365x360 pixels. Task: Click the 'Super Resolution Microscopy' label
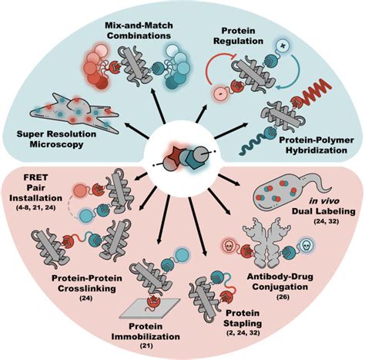coord(56,140)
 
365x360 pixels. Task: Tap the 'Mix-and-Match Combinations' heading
coord(139,30)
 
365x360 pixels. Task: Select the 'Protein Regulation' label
coord(239,36)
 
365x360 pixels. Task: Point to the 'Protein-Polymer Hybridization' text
coord(316,145)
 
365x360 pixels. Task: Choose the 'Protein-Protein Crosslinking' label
coord(87,283)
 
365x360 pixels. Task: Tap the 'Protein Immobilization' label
coord(146,331)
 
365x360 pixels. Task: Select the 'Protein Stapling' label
coord(243,318)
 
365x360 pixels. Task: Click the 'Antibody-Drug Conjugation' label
coord(280,281)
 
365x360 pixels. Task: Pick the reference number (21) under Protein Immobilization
coord(146,346)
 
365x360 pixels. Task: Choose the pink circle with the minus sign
coord(219,93)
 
